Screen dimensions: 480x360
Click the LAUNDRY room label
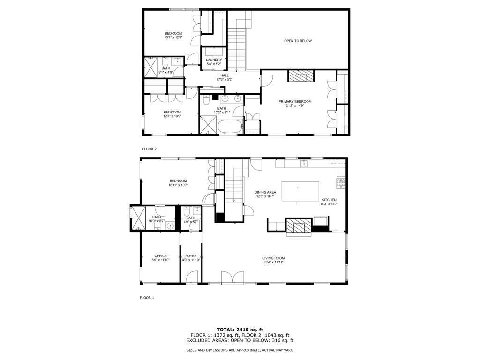[214, 60]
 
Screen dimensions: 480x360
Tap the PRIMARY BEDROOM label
[295, 102]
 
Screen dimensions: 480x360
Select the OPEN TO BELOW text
[298, 41]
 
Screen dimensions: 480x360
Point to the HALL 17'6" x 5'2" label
[225, 77]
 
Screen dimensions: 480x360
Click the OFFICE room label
[160, 256]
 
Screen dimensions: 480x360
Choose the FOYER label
[191, 256]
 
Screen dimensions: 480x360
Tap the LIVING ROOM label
[273, 258]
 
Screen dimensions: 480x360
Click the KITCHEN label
[329, 200]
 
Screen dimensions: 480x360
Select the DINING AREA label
[265, 192]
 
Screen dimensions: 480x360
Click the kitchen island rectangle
[300, 191]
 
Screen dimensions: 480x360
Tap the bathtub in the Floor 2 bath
[230, 126]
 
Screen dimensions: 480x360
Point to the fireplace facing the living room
[299, 227]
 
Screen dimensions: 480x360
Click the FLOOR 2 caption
[150, 149]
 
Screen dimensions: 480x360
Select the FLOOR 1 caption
[147, 298]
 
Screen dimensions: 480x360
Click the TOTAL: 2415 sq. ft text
[240, 330]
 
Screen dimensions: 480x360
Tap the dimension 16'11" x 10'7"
[178, 185]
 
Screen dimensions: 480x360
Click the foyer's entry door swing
[192, 277]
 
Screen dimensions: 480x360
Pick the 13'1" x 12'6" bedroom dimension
[173, 37]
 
